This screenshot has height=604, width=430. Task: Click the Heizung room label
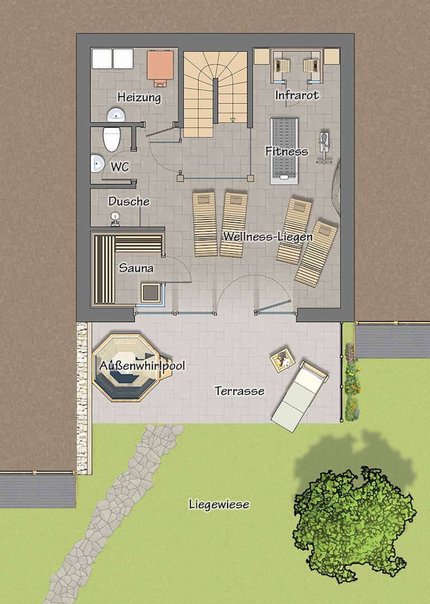(x=139, y=97)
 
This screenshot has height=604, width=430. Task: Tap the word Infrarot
(x=297, y=95)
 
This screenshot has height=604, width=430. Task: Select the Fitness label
(x=287, y=151)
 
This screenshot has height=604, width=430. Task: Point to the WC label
(x=120, y=167)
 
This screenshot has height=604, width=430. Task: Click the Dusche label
(x=129, y=201)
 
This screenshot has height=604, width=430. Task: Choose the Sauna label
(x=136, y=268)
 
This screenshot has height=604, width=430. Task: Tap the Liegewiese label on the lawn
(x=219, y=504)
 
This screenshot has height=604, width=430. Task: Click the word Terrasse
(x=240, y=391)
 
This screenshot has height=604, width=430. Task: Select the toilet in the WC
(x=112, y=139)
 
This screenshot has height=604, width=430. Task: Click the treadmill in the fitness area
(x=285, y=151)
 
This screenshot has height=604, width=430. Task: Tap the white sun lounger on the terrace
(x=300, y=395)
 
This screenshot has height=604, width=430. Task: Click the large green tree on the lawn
(x=354, y=525)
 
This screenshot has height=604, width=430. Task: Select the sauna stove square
(x=150, y=294)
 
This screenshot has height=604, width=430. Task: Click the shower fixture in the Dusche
(x=115, y=218)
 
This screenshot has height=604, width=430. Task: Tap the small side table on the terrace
(x=282, y=360)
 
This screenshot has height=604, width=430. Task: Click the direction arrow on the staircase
(x=233, y=120)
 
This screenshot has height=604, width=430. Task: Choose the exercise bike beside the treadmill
(x=324, y=148)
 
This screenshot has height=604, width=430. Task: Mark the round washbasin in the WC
(x=97, y=163)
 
